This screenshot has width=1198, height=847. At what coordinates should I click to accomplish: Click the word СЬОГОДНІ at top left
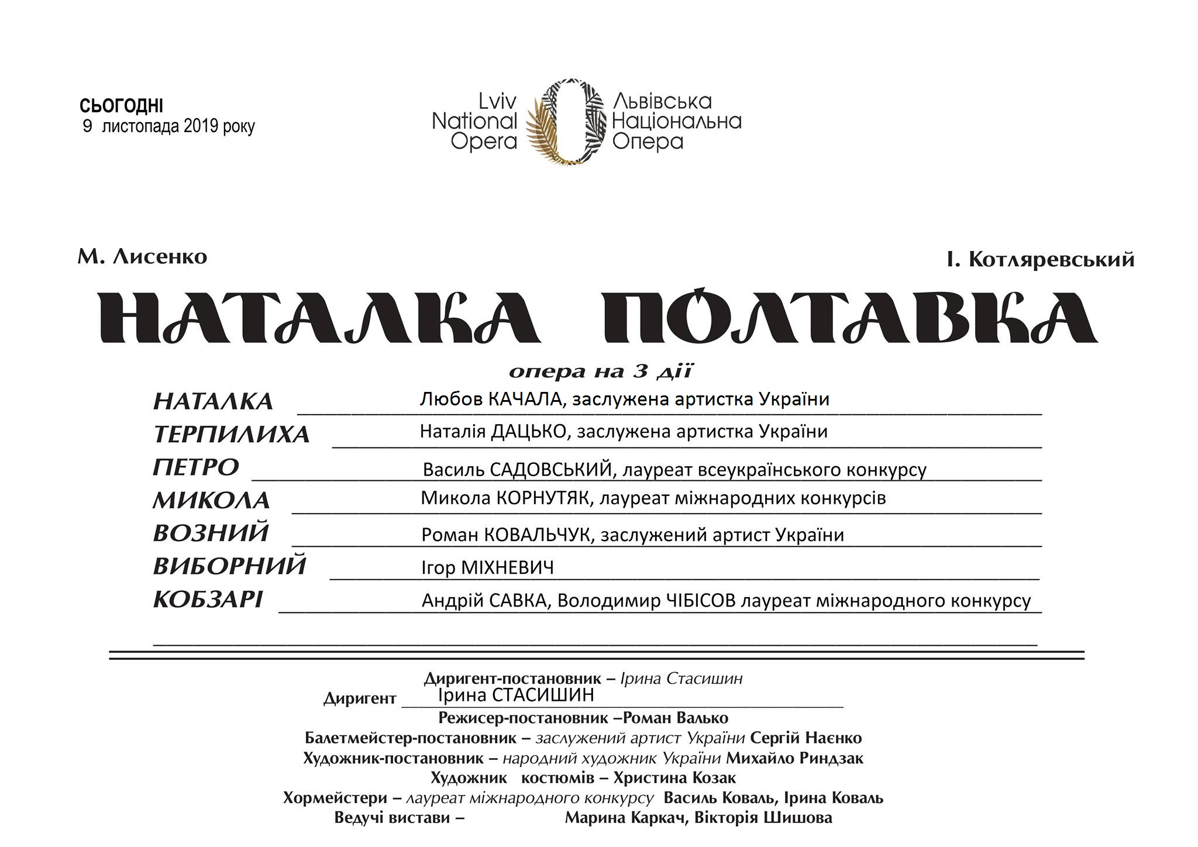(121, 106)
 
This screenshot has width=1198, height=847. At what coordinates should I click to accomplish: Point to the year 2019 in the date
(201, 126)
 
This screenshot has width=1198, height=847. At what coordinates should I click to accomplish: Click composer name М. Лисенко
(142, 257)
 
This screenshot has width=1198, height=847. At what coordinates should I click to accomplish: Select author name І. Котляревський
(1041, 259)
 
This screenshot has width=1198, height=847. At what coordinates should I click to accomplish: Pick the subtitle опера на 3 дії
(601, 371)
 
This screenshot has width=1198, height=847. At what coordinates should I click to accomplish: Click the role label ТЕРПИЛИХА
(231, 435)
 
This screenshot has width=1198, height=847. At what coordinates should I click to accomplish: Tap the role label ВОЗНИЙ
(211, 533)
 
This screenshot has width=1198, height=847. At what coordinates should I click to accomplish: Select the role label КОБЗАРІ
(208, 600)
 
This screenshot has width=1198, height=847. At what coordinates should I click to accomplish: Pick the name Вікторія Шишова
(763, 818)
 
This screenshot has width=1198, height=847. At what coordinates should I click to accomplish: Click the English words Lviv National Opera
(475, 122)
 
